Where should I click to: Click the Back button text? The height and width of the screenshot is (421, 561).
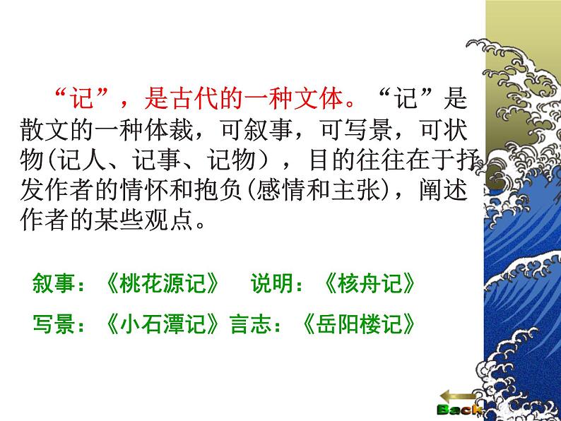459,410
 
